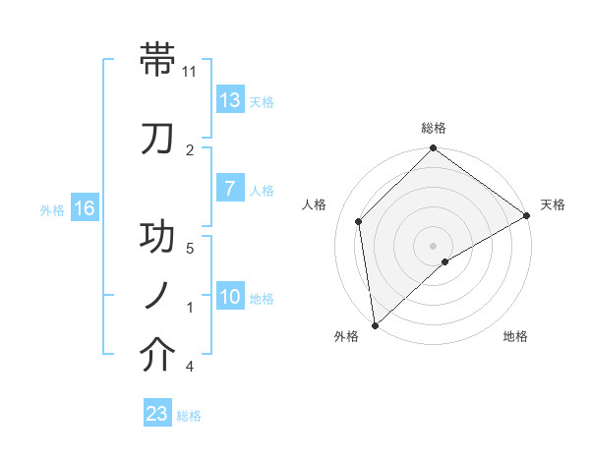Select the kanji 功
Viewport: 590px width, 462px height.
pos(158,237)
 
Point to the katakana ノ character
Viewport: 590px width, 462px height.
pos(158,296)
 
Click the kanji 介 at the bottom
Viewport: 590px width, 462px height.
pos(158,355)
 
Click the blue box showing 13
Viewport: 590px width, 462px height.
pos(230,101)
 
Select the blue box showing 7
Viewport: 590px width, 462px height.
pos(230,190)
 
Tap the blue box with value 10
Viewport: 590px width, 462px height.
pos(230,298)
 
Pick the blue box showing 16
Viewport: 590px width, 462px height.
pos(84,208)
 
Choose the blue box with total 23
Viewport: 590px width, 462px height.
pos(157,414)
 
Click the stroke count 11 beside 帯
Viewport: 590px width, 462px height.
pos(190,71)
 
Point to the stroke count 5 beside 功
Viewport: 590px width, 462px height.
pos(190,248)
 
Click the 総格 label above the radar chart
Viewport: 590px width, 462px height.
pos(434,128)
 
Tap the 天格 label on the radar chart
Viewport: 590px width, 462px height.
pos(553,204)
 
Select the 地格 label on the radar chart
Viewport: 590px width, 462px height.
pos(515,337)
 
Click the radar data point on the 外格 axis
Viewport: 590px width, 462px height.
pos(374,325)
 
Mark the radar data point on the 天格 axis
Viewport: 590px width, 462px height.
pos(527,215)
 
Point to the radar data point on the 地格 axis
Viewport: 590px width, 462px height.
pos(445,261)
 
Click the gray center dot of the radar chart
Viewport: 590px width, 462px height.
pos(433,245)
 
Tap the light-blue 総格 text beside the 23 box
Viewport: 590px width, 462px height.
pos(190,416)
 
